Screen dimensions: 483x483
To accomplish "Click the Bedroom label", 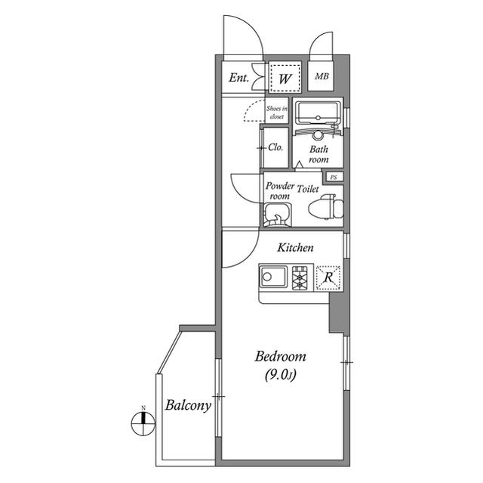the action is (x=280, y=357).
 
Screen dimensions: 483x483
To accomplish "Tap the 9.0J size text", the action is (x=280, y=375).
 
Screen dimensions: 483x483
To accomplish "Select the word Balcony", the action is (x=188, y=405).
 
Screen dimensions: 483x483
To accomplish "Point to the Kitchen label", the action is (x=295, y=247).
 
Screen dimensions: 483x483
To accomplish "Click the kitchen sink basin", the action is (x=273, y=277).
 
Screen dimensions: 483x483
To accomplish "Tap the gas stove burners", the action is (x=300, y=278).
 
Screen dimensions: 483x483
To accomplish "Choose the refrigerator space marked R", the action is (x=328, y=278).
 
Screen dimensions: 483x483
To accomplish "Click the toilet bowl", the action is (x=326, y=206).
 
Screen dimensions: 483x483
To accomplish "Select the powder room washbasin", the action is (x=277, y=215).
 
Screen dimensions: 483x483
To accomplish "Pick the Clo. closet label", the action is (x=275, y=147).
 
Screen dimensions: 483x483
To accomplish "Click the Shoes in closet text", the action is (x=277, y=113).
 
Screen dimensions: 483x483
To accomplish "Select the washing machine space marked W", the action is (x=285, y=76).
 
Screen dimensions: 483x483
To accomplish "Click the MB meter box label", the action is (x=321, y=76).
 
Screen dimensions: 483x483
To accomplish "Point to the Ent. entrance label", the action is (x=238, y=77).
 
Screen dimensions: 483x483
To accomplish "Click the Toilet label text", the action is (x=308, y=189).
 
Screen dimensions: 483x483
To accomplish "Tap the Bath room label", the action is (x=318, y=154).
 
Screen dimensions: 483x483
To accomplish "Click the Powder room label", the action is (x=280, y=190).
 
